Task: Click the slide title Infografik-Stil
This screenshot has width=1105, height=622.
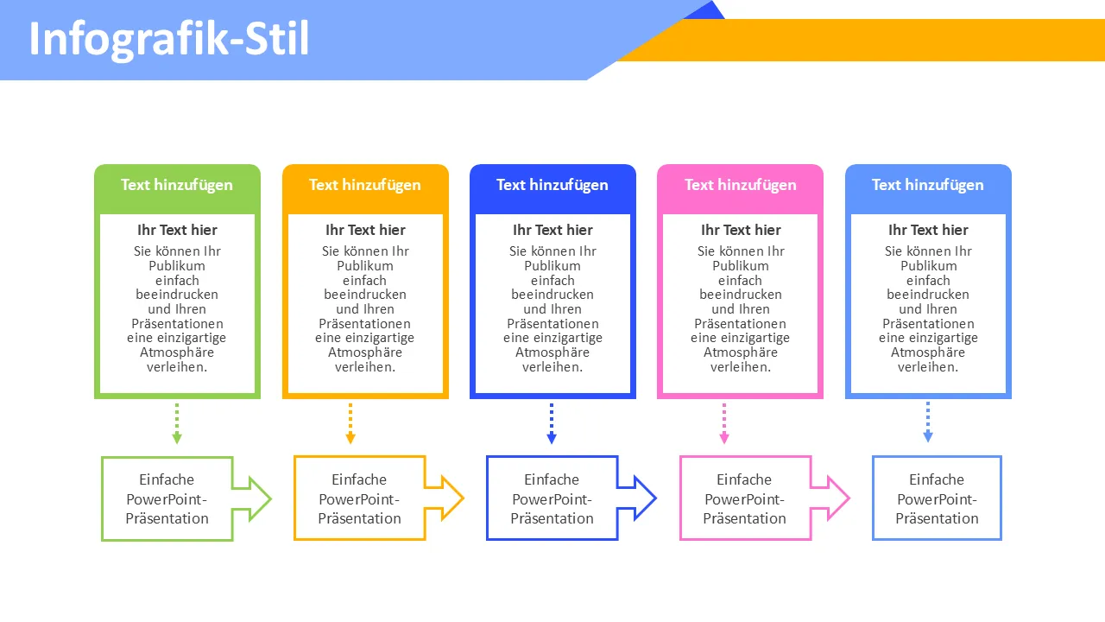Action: click(169, 40)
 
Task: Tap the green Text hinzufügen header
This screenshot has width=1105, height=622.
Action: click(177, 185)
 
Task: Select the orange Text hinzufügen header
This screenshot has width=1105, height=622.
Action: click(365, 185)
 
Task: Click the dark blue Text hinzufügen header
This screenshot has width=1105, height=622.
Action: click(552, 185)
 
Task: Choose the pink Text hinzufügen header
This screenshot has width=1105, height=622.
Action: click(741, 185)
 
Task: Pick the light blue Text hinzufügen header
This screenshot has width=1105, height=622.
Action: click(928, 185)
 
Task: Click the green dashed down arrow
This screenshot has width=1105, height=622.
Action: click(177, 423)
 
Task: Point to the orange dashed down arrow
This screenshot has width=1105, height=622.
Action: click(350, 423)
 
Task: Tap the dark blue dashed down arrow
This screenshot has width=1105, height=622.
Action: click(552, 423)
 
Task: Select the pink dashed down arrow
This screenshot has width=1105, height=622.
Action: click(724, 423)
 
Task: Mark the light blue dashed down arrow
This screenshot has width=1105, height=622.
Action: click(928, 423)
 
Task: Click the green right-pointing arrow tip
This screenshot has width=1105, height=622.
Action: click(258, 498)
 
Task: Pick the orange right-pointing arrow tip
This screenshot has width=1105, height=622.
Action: click(451, 498)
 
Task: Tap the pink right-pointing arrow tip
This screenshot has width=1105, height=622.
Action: click(837, 498)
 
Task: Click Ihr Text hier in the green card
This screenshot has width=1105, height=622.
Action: click(177, 230)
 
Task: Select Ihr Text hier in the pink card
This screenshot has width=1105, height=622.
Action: click(741, 230)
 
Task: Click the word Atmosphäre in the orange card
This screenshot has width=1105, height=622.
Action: click(365, 352)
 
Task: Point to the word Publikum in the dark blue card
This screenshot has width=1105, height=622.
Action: click(552, 266)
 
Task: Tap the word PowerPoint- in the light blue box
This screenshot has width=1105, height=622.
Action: click(937, 499)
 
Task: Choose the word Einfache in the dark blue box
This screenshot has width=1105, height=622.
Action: click(552, 479)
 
